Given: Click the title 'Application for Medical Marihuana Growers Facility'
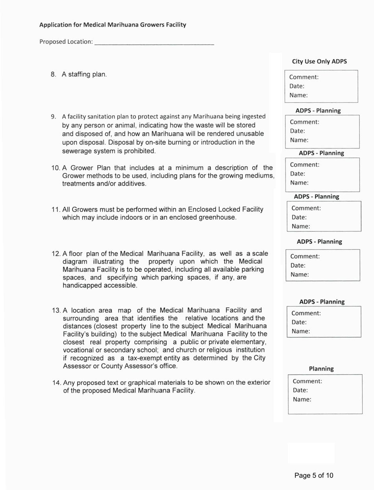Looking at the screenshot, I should [113, 25].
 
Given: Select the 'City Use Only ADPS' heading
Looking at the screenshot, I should [320, 61].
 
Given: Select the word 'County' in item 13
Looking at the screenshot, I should [111, 366].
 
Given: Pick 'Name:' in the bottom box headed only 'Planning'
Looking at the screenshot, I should [302, 399].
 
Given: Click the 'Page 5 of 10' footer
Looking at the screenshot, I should [314, 475].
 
